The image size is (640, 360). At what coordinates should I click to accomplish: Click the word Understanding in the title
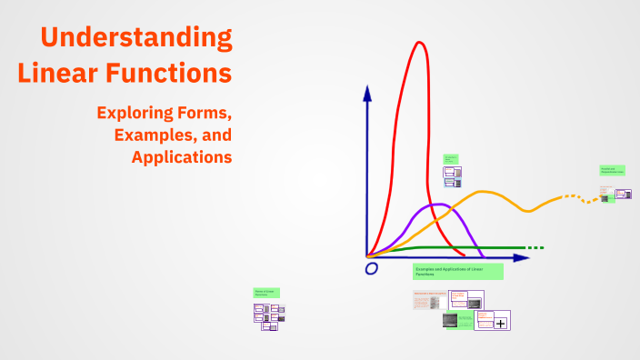tap(136, 38)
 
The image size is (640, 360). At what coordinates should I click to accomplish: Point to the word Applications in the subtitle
tap(181, 156)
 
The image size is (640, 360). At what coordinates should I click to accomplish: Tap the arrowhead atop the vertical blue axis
tap(366, 92)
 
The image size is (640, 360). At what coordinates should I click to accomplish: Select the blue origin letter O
tap(371, 269)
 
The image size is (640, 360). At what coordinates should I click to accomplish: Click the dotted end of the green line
tap(535, 247)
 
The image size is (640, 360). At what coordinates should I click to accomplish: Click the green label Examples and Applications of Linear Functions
tap(458, 271)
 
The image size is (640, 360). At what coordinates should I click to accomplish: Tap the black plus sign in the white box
tap(500, 322)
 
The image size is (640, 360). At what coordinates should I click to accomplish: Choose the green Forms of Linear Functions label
tap(266, 293)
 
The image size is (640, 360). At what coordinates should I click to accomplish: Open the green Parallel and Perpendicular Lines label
tap(612, 170)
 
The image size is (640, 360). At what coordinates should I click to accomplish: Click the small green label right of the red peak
tap(450, 158)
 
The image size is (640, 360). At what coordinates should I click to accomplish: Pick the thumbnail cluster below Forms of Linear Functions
tap(269, 315)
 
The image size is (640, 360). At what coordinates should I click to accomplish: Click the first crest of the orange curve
tap(485, 192)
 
